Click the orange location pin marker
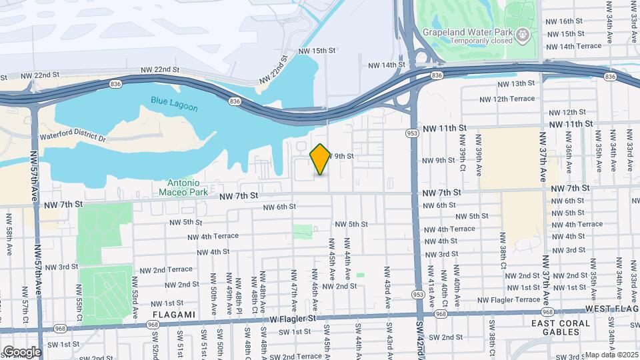point(320,159)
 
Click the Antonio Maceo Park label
point(179,187)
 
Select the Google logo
point(21,351)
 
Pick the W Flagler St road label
point(293,318)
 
